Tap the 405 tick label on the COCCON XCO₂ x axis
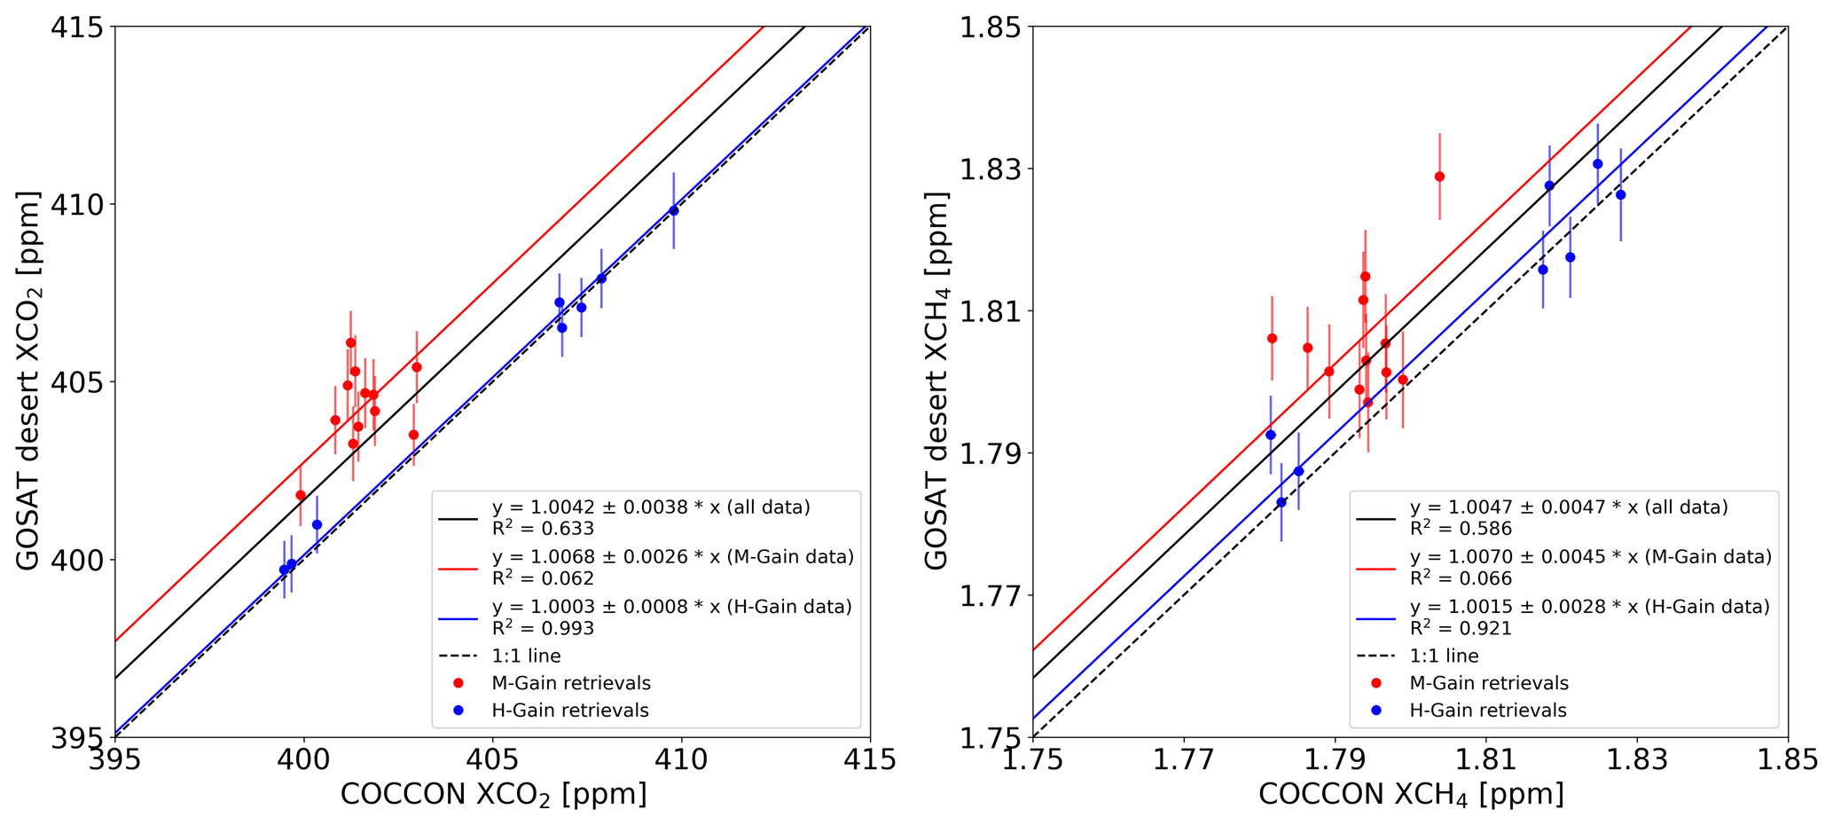tap(492, 760)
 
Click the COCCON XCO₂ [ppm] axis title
tap(493, 794)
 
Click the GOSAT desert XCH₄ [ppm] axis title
tap(936, 381)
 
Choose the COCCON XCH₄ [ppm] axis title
tap(1410, 794)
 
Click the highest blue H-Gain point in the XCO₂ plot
tap(674, 210)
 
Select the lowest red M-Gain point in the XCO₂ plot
tap(301, 495)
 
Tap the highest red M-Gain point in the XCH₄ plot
tap(1439, 177)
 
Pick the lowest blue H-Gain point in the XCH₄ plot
tap(1281, 502)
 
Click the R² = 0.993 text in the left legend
tap(543, 628)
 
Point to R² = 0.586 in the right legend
tap(1461, 529)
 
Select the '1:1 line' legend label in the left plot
tap(526, 656)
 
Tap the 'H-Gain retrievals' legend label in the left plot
tap(570, 711)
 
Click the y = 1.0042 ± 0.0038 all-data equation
tap(651, 507)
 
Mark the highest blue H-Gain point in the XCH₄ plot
tap(1598, 164)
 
